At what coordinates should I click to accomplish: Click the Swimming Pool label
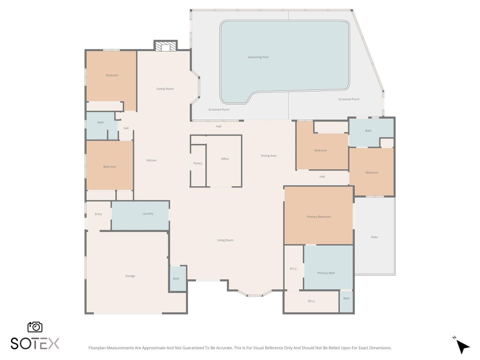258,57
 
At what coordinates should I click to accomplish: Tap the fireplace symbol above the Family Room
165,46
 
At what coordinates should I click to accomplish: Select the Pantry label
198,163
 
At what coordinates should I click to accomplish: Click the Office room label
225,159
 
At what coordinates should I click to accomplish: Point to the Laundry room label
148,214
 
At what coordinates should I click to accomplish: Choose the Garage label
130,276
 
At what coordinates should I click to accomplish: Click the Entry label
98,214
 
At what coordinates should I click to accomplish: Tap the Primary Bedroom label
318,217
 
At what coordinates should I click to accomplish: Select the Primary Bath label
326,273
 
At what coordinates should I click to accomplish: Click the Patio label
374,237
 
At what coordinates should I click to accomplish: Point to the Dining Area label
269,156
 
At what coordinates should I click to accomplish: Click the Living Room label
225,240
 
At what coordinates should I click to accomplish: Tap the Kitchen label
151,160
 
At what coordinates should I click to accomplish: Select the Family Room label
165,89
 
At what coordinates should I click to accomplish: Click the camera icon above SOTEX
35,327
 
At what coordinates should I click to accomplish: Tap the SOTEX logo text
35,344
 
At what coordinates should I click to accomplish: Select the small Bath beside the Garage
176,278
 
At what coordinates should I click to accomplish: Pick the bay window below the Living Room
255,294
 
